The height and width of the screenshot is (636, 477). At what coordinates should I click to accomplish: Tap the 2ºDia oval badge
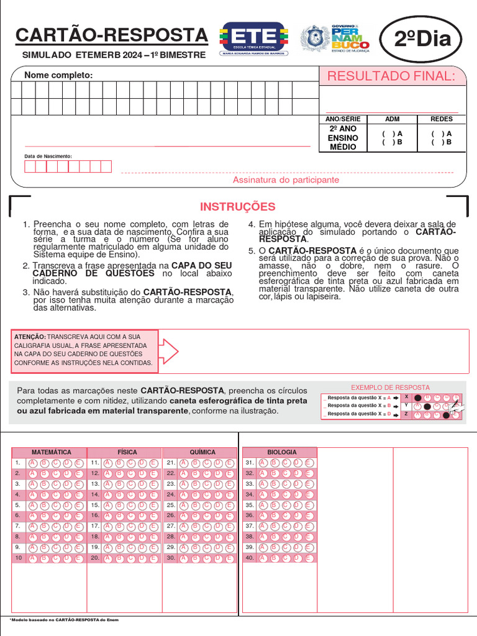coord(422,40)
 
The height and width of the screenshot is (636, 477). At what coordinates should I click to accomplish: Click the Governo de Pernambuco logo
coord(336,39)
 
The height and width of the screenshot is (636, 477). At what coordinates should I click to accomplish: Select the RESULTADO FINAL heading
coord(391,76)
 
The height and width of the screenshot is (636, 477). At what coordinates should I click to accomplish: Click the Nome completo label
coord(58,75)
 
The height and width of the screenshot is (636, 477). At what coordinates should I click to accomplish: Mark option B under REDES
coord(442,142)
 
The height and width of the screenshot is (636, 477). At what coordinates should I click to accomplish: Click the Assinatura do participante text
coord(286,179)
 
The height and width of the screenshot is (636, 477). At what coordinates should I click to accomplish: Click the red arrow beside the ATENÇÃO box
coord(170,352)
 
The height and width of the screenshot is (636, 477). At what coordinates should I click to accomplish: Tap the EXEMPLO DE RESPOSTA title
coord(390,388)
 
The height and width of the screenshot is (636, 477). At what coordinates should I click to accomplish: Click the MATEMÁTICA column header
coord(51,452)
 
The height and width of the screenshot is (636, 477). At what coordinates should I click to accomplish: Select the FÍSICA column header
coord(127,452)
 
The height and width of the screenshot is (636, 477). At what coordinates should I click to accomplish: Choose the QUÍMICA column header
coord(202,452)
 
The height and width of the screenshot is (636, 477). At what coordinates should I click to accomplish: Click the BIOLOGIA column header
coord(282,452)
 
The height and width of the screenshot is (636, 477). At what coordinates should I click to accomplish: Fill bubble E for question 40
coord(309,558)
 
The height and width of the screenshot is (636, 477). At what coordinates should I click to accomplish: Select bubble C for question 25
coord(207,505)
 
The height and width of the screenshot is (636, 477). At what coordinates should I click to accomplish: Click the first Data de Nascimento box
coord(29,166)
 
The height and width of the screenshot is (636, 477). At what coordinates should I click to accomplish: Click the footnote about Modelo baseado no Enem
coord(65,619)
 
